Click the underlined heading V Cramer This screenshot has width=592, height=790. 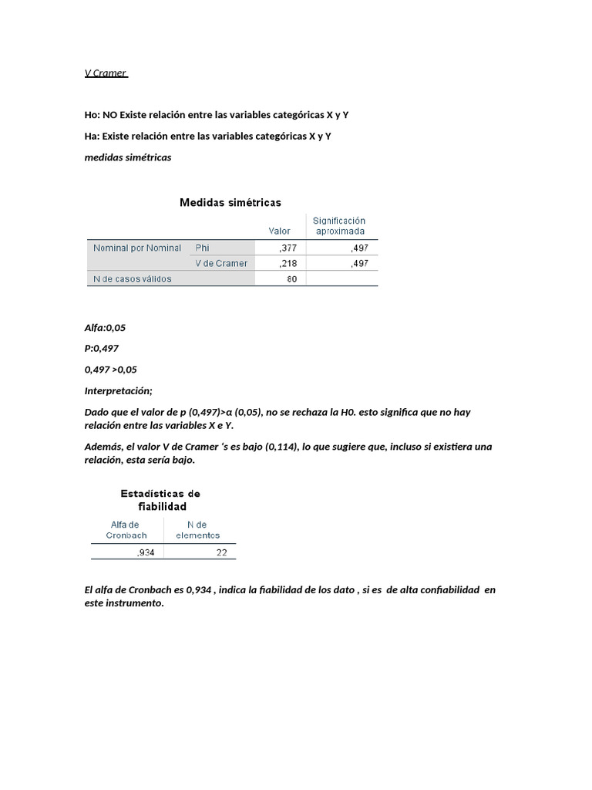[x=106, y=73]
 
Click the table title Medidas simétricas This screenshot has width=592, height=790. [x=230, y=203]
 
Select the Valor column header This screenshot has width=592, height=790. [x=279, y=231]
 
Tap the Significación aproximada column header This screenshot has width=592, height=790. [x=338, y=225]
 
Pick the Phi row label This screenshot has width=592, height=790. [x=203, y=248]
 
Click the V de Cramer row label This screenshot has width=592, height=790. [x=221, y=263]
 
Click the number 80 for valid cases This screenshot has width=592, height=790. [x=291, y=279]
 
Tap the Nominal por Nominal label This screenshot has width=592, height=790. [x=137, y=248]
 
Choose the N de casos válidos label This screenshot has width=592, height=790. [x=132, y=279]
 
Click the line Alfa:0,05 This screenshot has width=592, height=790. [x=105, y=328]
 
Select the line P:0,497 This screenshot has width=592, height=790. [x=102, y=349]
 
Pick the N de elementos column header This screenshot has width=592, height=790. [x=197, y=530]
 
